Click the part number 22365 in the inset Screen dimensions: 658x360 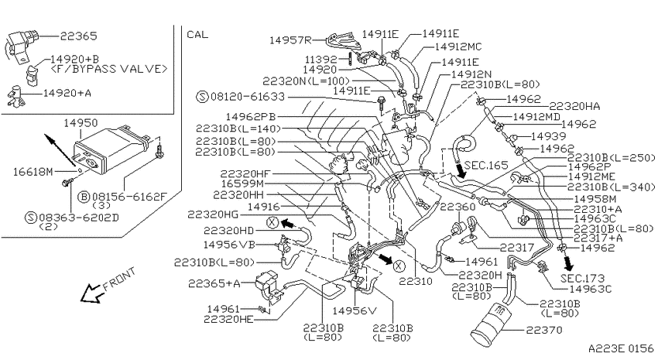click(78, 36)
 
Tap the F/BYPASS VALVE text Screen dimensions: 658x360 click(108, 69)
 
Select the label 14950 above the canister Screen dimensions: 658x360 click(81, 123)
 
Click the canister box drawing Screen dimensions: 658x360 click(112, 149)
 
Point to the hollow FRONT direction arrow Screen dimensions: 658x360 click(92, 293)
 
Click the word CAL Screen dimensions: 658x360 click(197, 34)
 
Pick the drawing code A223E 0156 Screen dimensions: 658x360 click(621, 348)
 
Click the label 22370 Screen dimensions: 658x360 click(544, 331)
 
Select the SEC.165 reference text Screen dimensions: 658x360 click(486, 165)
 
